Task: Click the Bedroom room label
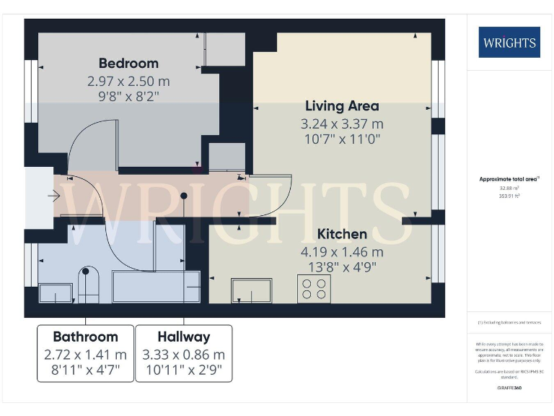coord(128,63)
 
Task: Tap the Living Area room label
coord(342,106)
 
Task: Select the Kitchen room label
coord(342,234)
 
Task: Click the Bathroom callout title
coord(85,337)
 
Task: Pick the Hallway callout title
coord(184,337)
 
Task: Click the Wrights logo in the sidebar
coord(509,42)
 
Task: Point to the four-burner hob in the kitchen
coord(314,288)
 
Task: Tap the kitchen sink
coord(251,290)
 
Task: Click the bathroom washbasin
coord(55,292)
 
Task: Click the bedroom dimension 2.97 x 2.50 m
coord(128,82)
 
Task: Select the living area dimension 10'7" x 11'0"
coord(342,139)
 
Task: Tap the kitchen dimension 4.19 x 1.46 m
coord(342,252)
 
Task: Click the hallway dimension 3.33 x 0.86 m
coord(184,355)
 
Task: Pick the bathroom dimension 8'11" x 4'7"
coord(85,371)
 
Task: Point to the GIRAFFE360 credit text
coord(509,388)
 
